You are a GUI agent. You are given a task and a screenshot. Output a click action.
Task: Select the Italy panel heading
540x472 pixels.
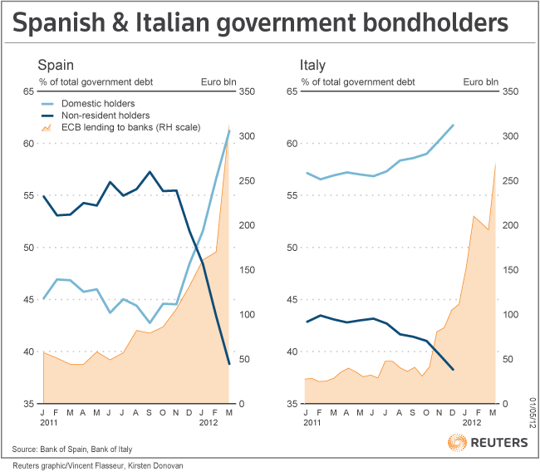pyautogui.click(x=313, y=65)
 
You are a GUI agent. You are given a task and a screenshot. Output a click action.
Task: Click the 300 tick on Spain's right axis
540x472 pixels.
pyautogui.click(x=247, y=135)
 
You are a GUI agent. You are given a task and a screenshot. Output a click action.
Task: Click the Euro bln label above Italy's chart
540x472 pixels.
pyautogui.click(x=481, y=81)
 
